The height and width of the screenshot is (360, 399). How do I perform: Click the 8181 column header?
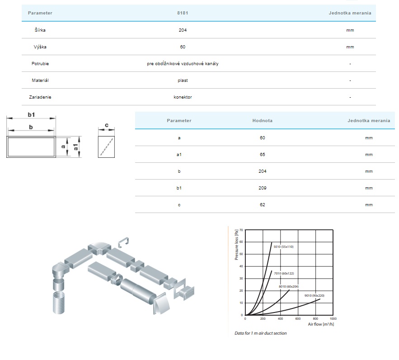183,13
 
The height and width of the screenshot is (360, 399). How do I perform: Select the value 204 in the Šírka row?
183,30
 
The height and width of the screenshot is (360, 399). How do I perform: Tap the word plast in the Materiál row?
183,81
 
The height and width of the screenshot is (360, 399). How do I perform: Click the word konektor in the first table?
183,97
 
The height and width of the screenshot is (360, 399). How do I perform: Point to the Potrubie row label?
40,64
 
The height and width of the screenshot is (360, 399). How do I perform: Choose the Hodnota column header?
263,121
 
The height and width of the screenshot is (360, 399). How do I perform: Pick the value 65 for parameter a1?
263,155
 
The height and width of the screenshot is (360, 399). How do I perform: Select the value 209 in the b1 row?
263,188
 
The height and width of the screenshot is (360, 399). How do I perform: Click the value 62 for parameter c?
263,205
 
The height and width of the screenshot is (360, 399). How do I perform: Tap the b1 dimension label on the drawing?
31,115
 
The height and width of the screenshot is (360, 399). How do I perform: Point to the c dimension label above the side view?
107,125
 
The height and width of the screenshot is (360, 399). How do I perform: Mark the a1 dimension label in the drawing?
75,147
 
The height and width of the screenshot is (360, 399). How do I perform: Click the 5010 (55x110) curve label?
283,246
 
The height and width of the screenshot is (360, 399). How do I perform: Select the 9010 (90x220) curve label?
314,296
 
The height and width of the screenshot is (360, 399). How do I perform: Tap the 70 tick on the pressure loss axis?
241,230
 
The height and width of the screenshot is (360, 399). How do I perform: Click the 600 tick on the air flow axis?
298,318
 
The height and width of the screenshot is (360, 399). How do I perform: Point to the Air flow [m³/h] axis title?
321,324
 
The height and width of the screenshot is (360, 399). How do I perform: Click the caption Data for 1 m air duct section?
261,333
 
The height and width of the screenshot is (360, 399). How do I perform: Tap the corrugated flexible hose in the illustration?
59,303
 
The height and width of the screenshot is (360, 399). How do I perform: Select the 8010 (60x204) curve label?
289,286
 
